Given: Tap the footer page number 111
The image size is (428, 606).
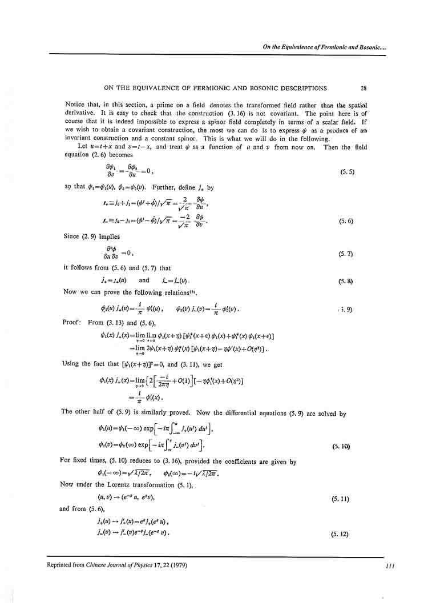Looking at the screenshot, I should pos(390,566).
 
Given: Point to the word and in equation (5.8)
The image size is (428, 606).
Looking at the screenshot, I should pos(144,280).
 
